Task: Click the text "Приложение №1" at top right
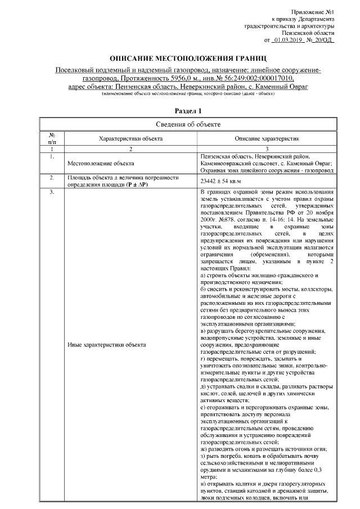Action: (x=313, y=12)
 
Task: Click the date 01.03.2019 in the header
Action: (x=289, y=40)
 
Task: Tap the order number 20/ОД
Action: (x=323, y=40)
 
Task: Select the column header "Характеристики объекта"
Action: (x=130, y=138)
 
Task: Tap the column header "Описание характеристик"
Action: (x=267, y=138)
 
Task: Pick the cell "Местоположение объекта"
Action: (x=100, y=163)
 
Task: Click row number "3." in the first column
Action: (x=52, y=193)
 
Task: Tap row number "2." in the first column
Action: (x=52, y=178)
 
